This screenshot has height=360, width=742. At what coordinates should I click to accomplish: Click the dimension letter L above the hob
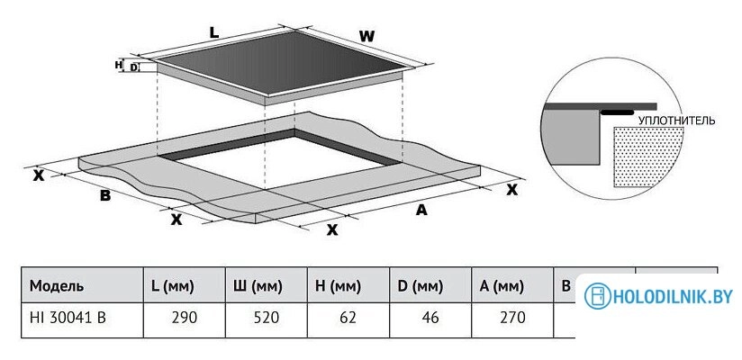click(x=214, y=32)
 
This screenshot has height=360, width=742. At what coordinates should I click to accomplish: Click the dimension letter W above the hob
click(x=366, y=36)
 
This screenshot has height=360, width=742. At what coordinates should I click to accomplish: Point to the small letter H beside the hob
click(x=119, y=65)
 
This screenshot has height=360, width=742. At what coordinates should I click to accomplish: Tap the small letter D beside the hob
click(x=133, y=67)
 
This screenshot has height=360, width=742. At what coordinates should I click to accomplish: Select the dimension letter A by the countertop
click(x=421, y=210)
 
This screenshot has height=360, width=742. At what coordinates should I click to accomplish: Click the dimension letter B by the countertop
click(x=105, y=196)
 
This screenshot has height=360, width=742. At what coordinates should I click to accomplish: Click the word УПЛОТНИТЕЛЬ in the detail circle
click(x=676, y=121)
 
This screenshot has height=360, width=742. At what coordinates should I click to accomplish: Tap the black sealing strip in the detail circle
click(x=617, y=112)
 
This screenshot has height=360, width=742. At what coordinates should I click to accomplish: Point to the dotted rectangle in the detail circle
click(x=648, y=157)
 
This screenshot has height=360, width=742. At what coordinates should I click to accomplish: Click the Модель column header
click(x=57, y=285)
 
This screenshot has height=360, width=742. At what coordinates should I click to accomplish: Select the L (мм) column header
click(x=172, y=286)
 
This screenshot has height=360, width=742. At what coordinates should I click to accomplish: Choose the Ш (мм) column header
click(x=258, y=286)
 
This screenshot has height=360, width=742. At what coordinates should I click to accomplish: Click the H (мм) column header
click(x=338, y=286)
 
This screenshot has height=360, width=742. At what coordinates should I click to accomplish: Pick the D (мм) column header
click(x=421, y=286)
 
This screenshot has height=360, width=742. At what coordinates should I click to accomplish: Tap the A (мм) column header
click(x=502, y=286)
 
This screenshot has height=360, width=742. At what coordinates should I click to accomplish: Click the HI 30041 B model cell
click(x=68, y=318)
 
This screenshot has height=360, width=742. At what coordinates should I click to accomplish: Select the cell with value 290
click(x=185, y=318)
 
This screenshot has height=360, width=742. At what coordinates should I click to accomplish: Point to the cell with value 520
click(x=267, y=318)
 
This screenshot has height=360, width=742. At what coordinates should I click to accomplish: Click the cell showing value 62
click(x=348, y=318)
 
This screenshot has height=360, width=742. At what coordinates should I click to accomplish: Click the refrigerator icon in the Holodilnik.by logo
click(x=598, y=296)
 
